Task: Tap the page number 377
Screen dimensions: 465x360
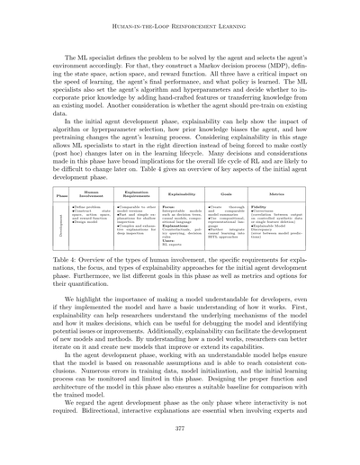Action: pos(179,443)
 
